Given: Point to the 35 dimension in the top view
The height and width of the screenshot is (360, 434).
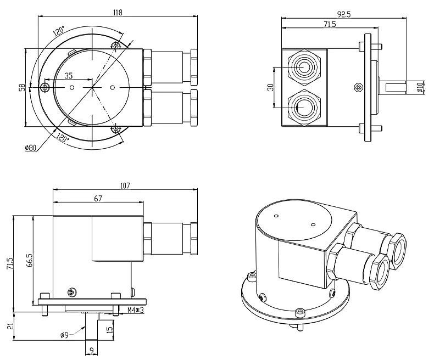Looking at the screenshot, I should (x=69, y=76).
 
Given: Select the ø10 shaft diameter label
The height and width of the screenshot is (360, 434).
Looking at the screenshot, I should (x=420, y=87).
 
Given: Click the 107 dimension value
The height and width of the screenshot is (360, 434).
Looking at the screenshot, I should (x=125, y=185).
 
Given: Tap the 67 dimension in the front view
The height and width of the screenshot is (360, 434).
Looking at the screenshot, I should (x=98, y=199).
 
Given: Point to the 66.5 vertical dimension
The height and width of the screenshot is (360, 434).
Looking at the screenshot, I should (x=29, y=261).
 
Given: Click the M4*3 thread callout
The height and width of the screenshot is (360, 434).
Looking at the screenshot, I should (x=136, y=311).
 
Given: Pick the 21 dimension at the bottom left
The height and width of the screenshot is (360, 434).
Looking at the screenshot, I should (x=9, y=326).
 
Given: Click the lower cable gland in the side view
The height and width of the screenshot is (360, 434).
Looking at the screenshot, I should (x=303, y=106).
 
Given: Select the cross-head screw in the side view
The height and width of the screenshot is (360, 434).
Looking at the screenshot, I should (x=359, y=87).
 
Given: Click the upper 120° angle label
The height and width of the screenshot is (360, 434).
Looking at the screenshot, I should (x=59, y=31).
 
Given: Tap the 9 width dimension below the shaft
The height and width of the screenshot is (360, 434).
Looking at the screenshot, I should (x=91, y=350).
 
